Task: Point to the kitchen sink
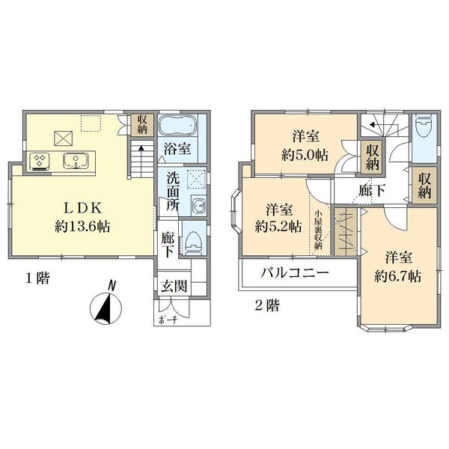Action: coord(76,160)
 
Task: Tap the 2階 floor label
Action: coord(266,305)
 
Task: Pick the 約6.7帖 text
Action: coord(397,275)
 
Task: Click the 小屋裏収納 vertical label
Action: coord(318,232)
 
